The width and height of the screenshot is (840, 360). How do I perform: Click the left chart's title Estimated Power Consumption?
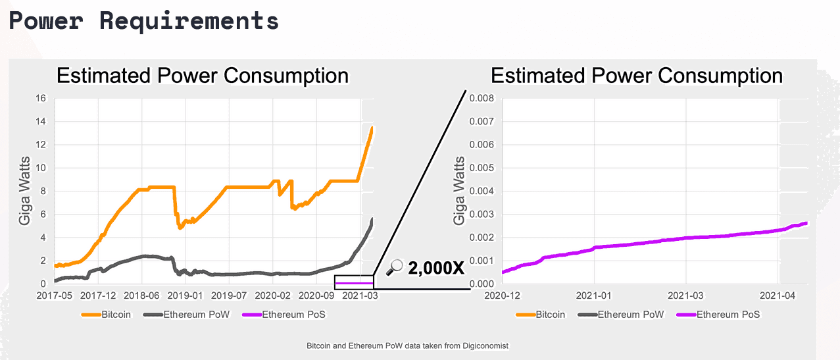pos(202,76)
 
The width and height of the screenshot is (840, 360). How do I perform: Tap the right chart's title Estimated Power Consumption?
pos(636,76)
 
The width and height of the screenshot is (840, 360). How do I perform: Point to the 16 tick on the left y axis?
pos(40,99)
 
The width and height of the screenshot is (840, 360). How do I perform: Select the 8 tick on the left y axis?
pos(42,192)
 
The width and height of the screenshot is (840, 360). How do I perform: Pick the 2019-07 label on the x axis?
pos(230,296)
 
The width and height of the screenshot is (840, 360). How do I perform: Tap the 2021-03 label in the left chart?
pos(360,296)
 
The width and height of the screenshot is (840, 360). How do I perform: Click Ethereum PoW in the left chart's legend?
pos(197,315)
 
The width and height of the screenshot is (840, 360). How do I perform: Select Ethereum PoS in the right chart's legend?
pos(728,315)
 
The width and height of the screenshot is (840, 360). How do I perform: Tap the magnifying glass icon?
pos(394,267)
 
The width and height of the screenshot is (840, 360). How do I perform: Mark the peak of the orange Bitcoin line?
pos(372,128)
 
